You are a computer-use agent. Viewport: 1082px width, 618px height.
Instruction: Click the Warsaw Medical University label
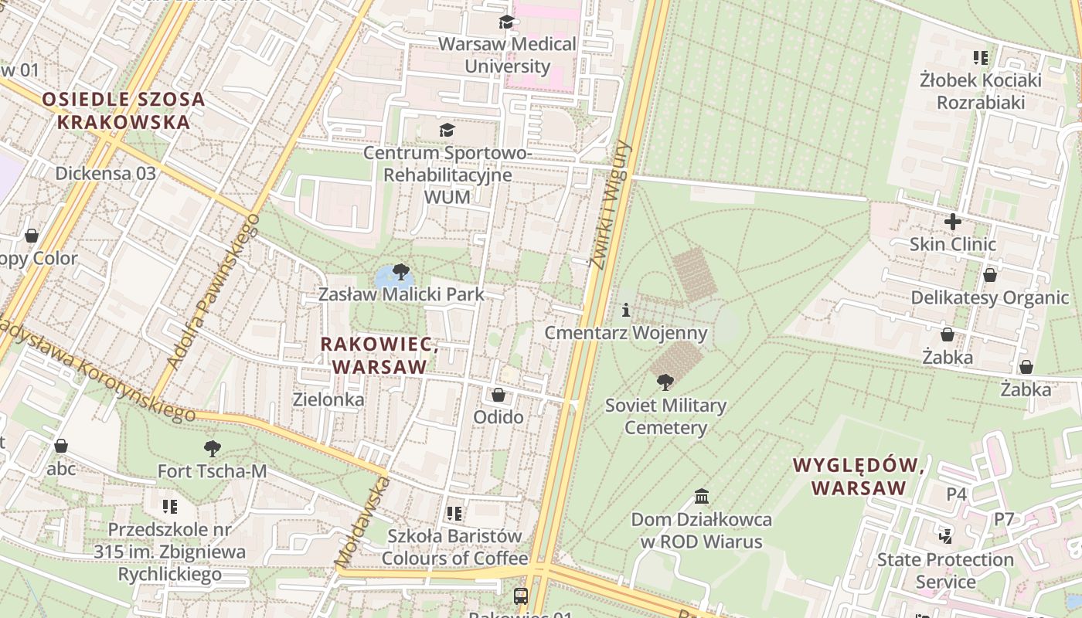click(507, 55)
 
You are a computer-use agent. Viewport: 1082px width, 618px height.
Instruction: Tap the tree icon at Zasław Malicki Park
click(400, 272)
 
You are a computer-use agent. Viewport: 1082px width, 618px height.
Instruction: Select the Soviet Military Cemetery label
click(665, 416)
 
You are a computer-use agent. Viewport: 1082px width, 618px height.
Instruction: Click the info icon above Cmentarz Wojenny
click(625, 311)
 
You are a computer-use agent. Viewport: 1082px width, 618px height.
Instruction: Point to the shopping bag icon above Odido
click(498, 396)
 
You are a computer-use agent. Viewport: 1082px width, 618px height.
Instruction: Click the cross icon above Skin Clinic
click(952, 222)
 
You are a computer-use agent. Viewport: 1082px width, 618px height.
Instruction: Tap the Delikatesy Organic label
click(989, 298)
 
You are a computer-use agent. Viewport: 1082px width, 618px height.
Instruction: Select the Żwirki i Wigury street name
click(610, 205)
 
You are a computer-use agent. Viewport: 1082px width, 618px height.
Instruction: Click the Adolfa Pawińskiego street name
click(213, 290)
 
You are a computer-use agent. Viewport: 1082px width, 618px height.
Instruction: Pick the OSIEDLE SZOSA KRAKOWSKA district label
click(124, 110)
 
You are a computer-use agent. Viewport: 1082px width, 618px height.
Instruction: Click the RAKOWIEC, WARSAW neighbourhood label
click(379, 355)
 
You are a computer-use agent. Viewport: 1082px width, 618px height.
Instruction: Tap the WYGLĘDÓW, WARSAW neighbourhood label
click(859, 477)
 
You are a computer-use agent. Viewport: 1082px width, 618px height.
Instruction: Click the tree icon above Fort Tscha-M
click(212, 449)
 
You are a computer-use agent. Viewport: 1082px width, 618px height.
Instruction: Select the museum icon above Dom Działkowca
click(702, 496)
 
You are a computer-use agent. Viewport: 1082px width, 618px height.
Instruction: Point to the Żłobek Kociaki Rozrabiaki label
click(981, 91)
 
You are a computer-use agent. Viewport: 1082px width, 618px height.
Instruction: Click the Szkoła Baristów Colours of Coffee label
click(454, 547)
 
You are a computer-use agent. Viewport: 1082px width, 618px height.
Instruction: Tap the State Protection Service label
click(944, 570)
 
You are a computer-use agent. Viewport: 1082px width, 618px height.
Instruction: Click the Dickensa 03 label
click(105, 173)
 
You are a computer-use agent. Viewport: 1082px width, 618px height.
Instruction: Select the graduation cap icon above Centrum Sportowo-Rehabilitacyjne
click(447, 130)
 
